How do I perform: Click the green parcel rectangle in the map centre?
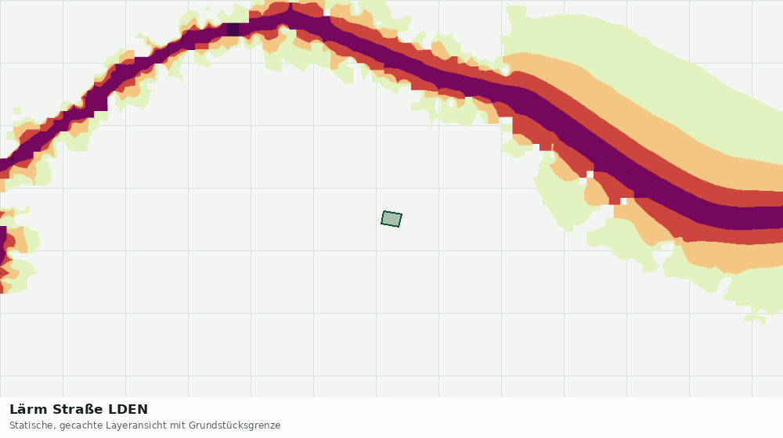point(391,219)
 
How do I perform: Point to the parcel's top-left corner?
point(384,211)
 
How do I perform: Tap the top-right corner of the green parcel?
point(402,214)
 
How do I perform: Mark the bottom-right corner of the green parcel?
point(399,227)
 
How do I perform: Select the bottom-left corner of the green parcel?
point(381,224)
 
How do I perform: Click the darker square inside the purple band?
point(233,30)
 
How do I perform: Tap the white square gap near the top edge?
point(327,13)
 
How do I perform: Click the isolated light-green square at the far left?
point(17,110)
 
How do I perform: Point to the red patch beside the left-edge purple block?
point(10,241)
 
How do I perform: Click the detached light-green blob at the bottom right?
point(755,318)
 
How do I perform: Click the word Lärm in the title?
point(29,410)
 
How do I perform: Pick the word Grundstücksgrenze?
point(234,426)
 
